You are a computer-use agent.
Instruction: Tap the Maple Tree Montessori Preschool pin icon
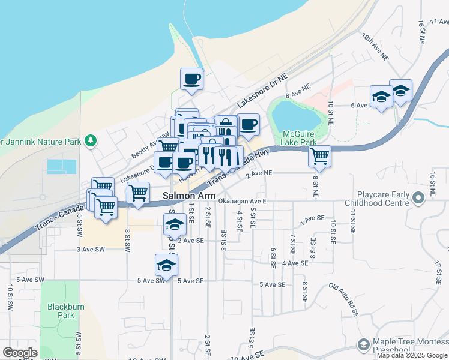363,344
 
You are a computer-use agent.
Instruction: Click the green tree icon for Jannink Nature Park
91,140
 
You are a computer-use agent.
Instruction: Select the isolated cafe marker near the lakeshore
192,79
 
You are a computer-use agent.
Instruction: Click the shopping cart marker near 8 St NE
320,157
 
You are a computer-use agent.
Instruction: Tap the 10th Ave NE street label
375,45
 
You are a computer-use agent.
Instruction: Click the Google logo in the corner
20,353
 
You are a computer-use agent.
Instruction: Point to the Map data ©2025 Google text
412,355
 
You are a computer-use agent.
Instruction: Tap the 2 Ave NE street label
259,173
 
